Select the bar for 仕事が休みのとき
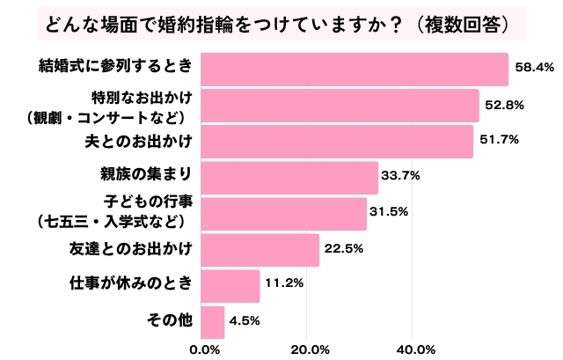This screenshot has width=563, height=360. click(230, 285)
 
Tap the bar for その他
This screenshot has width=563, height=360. click(213, 321)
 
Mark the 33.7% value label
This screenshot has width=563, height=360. click(401, 175)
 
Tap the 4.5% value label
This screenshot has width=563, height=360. click(244, 320)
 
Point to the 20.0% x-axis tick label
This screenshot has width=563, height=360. click(307, 349)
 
